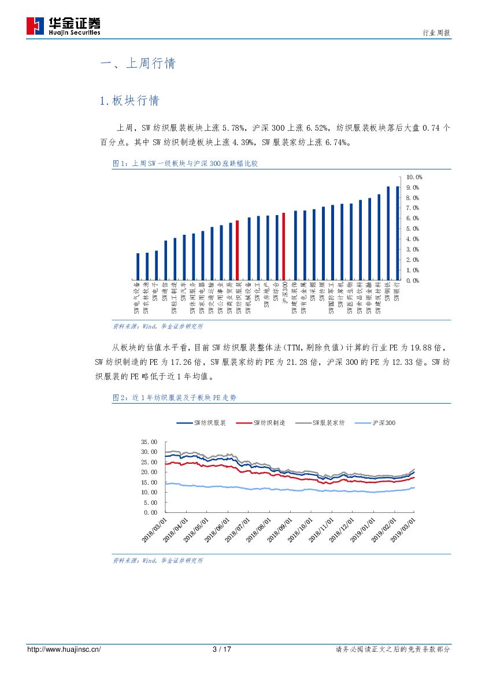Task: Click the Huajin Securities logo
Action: pyautogui.click(x=64, y=26)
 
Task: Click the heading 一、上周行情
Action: pyautogui.click(x=138, y=64)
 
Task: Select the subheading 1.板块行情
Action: pyautogui.click(x=129, y=101)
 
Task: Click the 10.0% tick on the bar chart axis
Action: pyautogui.click(x=414, y=176)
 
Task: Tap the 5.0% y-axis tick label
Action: pyautogui.click(x=413, y=228)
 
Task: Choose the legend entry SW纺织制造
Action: pyautogui.click(x=269, y=423)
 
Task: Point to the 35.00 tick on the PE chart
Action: pyautogui.click(x=149, y=441)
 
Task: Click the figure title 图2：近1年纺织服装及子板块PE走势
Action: pyautogui.click(x=174, y=398)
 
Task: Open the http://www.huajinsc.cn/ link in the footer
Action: pyautogui.click(x=64, y=649)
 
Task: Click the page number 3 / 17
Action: pyautogui.click(x=222, y=649)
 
